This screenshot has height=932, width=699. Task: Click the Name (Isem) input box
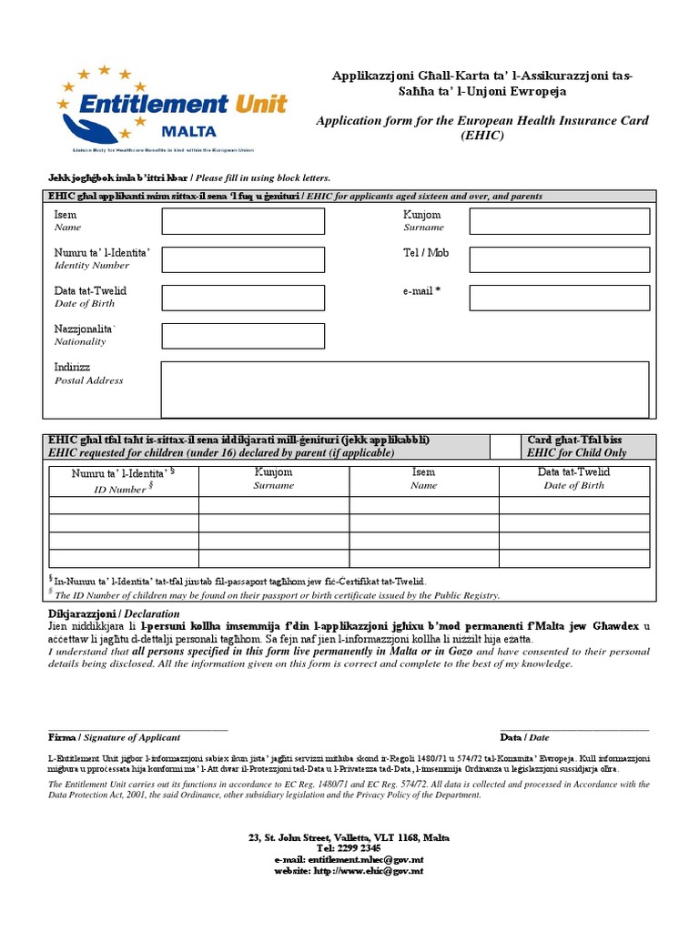243,221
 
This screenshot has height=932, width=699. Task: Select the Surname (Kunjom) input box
560,221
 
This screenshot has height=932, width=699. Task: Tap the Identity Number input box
243,259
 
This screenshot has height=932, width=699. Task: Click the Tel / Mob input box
560,259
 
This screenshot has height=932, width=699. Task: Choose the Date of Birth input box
243,298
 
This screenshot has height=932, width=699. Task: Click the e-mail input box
560,298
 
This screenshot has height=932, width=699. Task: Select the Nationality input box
243,336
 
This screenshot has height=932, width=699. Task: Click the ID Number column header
123,481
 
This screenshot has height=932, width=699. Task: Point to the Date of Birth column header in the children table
573,479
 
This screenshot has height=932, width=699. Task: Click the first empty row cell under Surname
273,506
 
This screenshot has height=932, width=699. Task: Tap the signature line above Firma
137,729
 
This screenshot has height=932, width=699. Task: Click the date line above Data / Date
574,729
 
